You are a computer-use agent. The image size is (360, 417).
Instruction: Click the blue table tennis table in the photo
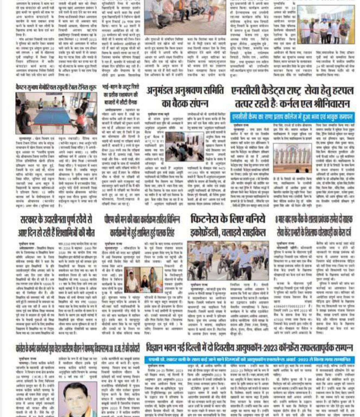pyautogui.click(x=52, y=115)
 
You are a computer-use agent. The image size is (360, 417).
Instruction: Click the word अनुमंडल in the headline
pyautogui.click(x=163, y=91)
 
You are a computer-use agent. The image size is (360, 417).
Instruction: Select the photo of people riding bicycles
pyautogui.click(x=228, y=260)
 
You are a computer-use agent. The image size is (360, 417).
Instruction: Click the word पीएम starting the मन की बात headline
pyautogui.click(x=111, y=220)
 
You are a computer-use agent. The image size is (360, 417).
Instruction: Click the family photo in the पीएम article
pyautogui.click(x=143, y=279)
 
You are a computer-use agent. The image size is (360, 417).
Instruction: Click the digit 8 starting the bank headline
pyautogui.click(x=276, y=220)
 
